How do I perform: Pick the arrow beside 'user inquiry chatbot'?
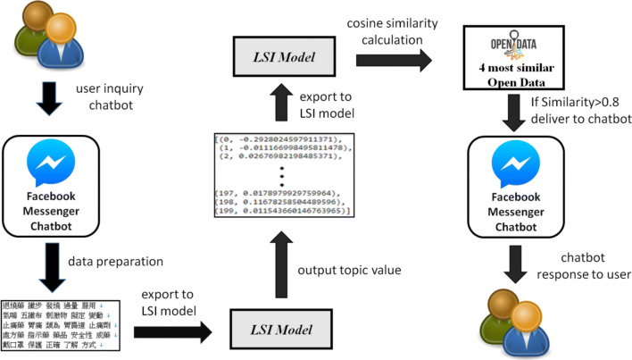(47, 99)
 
